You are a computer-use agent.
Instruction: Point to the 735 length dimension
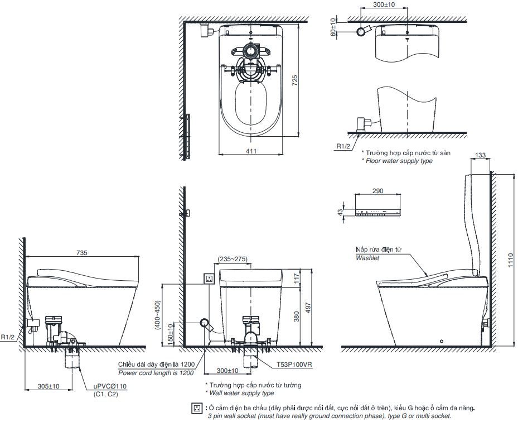click(82, 253)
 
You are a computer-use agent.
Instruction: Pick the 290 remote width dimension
click(377, 191)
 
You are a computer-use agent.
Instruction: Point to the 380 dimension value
click(297, 317)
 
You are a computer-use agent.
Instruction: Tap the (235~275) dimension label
click(231, 258)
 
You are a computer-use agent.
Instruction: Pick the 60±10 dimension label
click(333, 27)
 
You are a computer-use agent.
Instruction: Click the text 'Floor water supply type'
click(399, 161)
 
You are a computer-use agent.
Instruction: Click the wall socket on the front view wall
click(210, 278)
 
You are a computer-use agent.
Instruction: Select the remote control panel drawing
click(377, 212)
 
